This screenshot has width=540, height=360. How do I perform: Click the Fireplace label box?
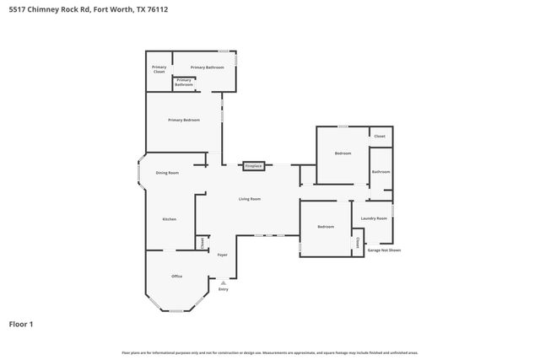point(254,166)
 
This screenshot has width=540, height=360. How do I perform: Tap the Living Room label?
point(249,199)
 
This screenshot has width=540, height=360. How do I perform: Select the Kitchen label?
point(170,219)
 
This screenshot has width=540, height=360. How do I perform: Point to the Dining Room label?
point(167,173)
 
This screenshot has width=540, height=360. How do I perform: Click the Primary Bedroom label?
point(184,121)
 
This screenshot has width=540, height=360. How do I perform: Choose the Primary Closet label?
point(159,69)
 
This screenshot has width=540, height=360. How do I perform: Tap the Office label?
point(177,277)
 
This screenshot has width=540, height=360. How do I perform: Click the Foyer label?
point(223,255)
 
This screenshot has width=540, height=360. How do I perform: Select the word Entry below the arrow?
point(224,289)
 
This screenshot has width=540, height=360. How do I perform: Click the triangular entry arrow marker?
point(224,282)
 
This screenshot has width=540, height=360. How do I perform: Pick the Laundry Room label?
point(374,218)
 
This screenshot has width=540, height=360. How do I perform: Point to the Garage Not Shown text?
point(384,250)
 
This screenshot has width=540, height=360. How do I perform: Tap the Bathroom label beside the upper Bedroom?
point(381,172)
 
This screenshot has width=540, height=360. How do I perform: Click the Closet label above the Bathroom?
point(380,136)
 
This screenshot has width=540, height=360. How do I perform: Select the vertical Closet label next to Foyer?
point(202,242)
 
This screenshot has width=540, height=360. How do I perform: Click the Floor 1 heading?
point(21,324)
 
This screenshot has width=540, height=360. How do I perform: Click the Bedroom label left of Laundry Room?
point(326,227)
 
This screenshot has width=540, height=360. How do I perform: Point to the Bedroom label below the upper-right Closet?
point(343,153)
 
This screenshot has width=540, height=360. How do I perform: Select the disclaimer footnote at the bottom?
point(269,352)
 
